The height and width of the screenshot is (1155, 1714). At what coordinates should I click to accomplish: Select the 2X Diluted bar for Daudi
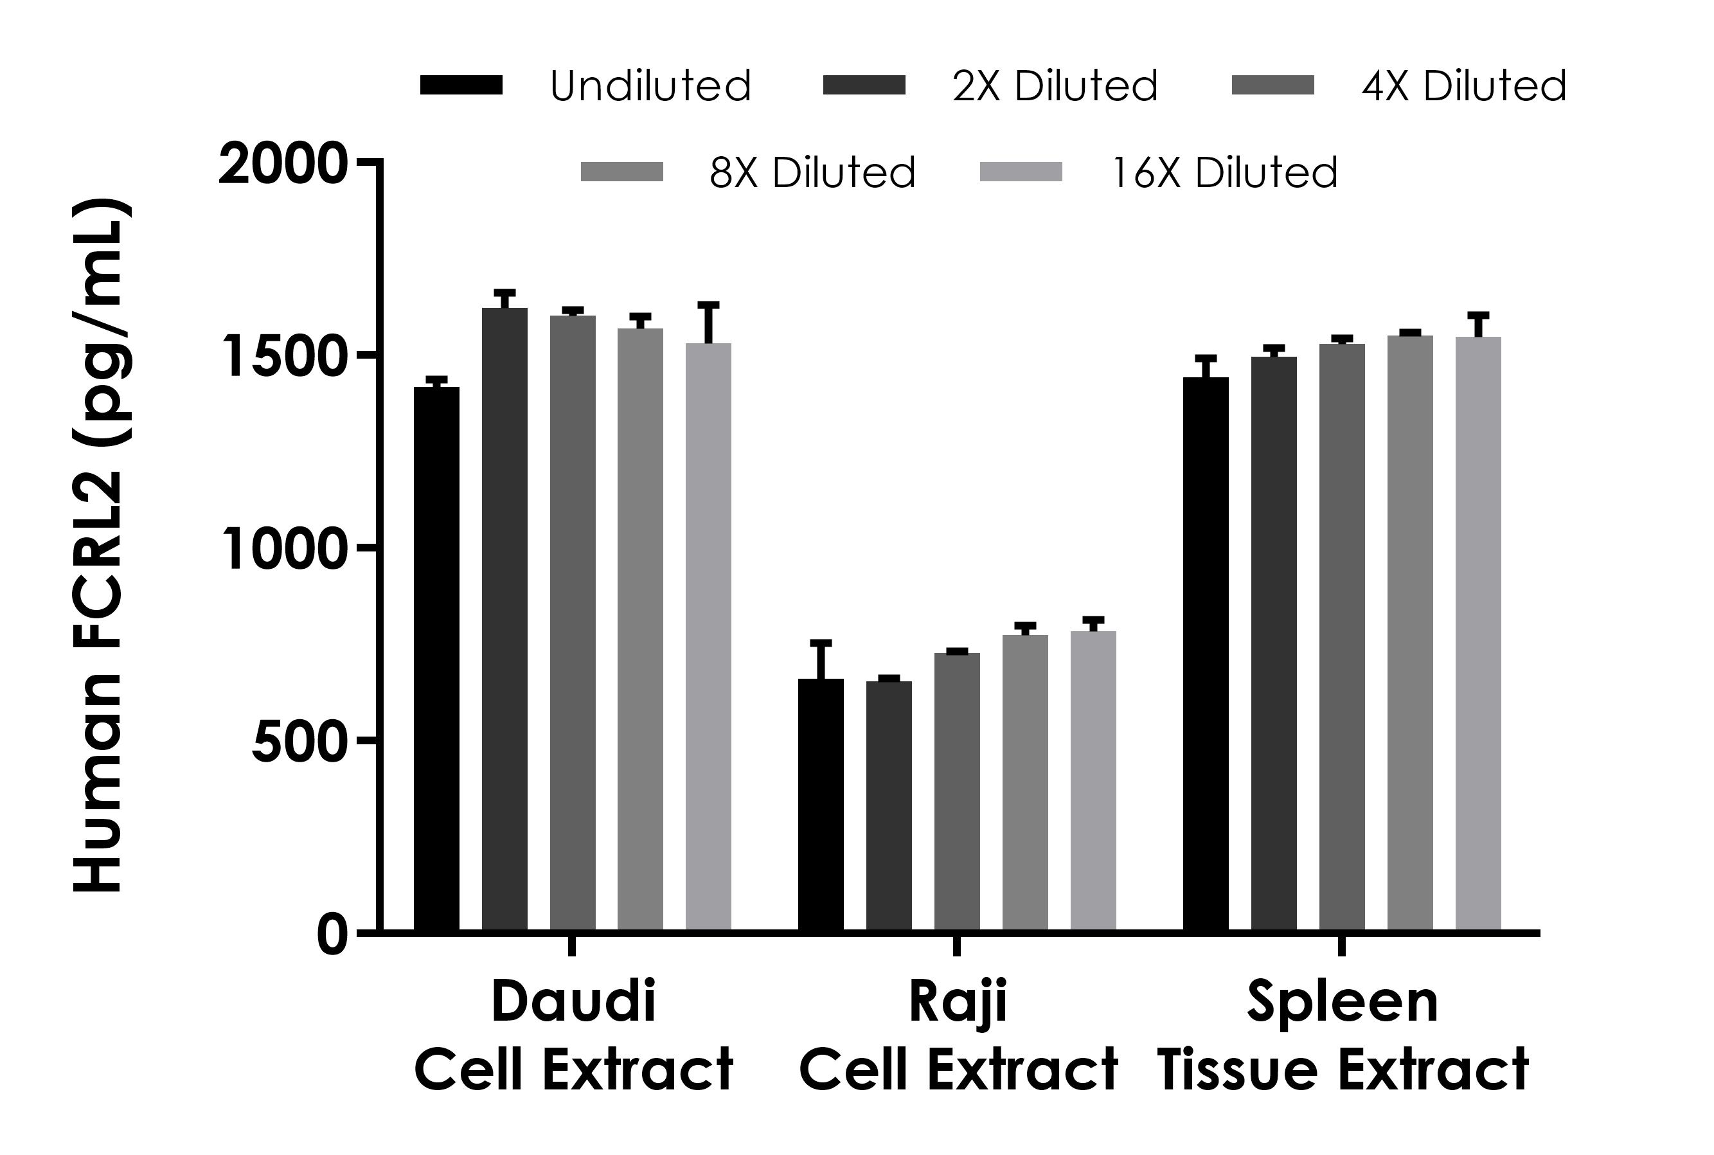tap(504, 619)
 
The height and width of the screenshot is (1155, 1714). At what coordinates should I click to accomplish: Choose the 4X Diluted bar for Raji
tap(957, 792)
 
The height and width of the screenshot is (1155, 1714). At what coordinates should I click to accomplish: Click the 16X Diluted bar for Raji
tap(1093, 781)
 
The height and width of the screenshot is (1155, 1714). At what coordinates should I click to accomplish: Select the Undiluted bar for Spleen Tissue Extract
tap(1206, 654)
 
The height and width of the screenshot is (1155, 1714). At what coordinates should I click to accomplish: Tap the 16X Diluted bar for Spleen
tap(1478, 634)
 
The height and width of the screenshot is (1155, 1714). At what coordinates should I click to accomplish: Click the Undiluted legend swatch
tap(461, 85)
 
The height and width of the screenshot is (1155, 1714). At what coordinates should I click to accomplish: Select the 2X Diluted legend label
tap(1055, 86)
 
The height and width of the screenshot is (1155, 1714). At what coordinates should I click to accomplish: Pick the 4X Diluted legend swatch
tap(1272, 85)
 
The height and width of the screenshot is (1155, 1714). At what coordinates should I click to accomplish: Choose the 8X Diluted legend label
tap(812, 173)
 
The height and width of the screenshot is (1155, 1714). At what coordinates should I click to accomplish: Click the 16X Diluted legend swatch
tap(1021, 172)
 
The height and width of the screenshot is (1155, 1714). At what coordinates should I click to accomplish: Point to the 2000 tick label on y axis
tap(282, 165)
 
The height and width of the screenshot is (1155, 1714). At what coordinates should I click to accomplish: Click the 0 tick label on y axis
tap(332, 935)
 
